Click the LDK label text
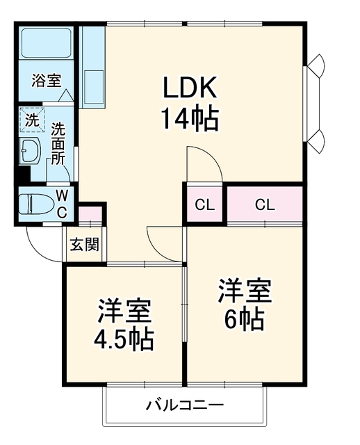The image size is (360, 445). coord(189,88)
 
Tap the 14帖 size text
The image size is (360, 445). coord(190,119)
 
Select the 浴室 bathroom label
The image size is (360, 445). coord(47,81)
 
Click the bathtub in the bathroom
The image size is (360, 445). coord(47,42)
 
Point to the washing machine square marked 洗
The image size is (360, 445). coord(32,120)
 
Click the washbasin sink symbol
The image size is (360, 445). coord(30,150)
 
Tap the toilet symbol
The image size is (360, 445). coord(35,204)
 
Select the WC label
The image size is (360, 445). coord(62,204)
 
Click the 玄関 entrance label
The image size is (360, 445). coord(85,244)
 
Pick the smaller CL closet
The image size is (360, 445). coord(205,204)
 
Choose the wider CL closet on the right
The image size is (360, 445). coord(265,204)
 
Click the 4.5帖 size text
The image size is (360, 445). coord(124,339)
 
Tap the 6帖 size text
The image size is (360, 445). coord(245,319)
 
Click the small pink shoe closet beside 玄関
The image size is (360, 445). coord(90,214)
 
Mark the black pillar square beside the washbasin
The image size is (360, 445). coord(23,175)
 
